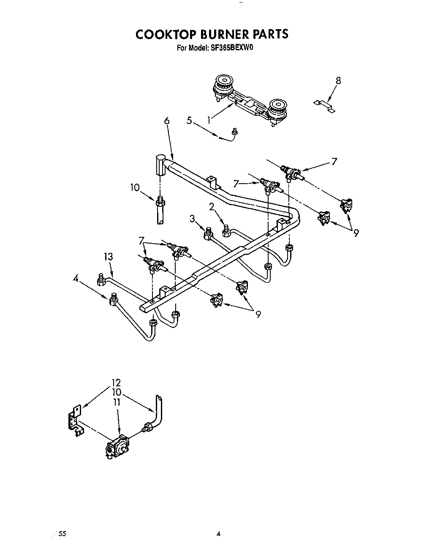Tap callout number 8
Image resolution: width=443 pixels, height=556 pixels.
(338, 81)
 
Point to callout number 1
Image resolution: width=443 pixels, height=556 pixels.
(209, 120)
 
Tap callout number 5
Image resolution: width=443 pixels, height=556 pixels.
(189, 120)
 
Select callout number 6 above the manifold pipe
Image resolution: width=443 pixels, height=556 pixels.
(167, 121)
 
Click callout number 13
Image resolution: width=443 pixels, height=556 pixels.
(108, 256)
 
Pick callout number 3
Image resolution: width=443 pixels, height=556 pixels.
(192, 219)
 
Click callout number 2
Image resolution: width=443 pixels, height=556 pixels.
(212, 206)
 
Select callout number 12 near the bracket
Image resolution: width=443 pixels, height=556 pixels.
(116, 383)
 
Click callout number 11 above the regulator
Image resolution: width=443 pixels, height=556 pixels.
(117, 402)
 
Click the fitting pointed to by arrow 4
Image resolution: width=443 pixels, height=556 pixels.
(113, 300)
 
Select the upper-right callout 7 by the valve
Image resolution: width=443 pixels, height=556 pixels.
(334, 161)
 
